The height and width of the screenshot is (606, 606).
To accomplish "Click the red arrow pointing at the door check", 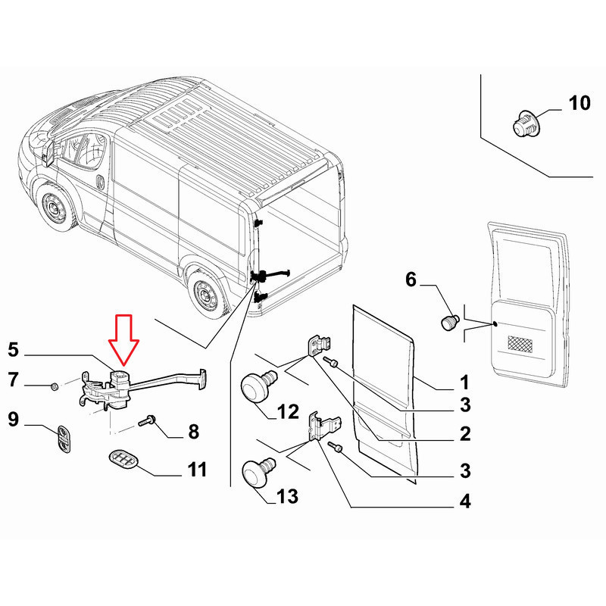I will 122,339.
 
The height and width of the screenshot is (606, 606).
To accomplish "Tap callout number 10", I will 579,104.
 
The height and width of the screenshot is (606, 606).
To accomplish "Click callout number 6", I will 411,280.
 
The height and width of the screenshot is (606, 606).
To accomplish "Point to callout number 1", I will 464,382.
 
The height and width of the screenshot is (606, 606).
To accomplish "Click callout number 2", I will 464,434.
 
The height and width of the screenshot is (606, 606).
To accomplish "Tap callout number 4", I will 464,501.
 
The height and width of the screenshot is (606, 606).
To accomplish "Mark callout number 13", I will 287,497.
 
